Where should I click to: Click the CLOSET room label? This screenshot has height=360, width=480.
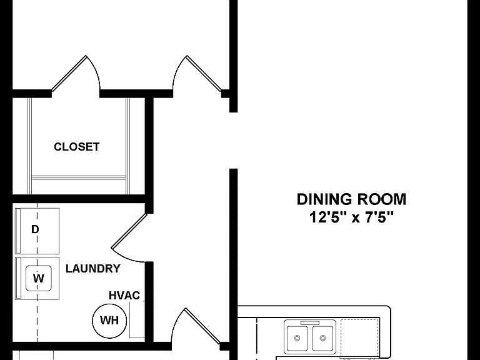tap(76, 147)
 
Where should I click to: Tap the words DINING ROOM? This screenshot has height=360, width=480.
tap(351, 199)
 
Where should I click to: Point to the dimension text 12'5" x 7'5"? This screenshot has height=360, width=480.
tap(351, 217)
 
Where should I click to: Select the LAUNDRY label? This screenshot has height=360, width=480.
tap(92, 269)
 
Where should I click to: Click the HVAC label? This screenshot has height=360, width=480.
tap(124, 296)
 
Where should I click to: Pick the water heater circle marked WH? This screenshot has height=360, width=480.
tap(109, 320)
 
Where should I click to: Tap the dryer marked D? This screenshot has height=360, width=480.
tap(37, 231)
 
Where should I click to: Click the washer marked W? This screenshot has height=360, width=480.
tap(37, 278)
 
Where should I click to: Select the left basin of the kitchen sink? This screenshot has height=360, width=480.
tap(297, 338)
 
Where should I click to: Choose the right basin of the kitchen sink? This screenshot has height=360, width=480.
tap(322, 338)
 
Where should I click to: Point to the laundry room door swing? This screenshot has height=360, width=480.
tap(129, 238)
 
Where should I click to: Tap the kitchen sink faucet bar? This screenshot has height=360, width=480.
tap(310, 323)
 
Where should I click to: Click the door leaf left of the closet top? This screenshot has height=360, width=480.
tap(69, 73)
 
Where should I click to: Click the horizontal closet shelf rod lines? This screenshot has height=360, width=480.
tap(79, 178)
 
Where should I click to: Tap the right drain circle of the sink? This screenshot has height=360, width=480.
tap(322, 338)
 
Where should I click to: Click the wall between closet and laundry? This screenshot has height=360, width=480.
tap(79, 199)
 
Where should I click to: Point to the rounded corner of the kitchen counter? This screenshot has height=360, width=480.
tap(388, 309)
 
